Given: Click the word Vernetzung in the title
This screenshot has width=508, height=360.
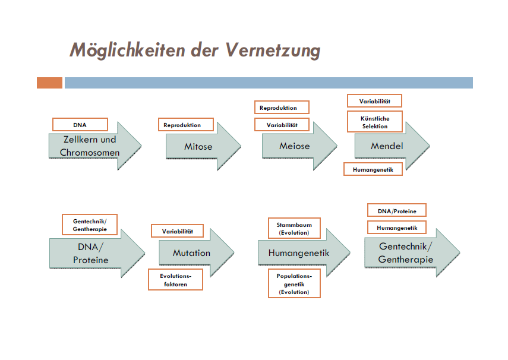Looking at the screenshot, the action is [273, 50].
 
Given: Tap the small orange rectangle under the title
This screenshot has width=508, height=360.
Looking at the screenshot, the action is [49, 83].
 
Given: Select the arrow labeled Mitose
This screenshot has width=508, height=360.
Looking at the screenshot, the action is [203, 146].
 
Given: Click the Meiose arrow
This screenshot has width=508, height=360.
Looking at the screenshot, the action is [299, 146].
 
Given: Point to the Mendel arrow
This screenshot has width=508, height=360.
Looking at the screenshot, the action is [392, 146].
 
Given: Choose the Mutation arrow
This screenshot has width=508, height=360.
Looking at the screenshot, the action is [196, 252].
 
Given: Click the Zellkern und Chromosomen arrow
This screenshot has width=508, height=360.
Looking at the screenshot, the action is [95, 146].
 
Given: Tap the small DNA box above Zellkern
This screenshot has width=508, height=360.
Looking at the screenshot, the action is [80, 125].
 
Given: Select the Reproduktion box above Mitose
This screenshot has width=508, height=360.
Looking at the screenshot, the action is [185, 125].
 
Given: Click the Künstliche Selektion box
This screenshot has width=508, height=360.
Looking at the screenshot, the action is [375, 122].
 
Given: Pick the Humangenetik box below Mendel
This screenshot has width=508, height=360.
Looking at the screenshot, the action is [373, 169].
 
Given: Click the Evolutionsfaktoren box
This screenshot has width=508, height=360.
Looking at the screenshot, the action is [176, 280].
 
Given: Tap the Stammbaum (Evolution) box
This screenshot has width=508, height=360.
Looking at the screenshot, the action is [294, 229].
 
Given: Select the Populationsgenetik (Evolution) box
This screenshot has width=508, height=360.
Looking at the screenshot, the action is [294, 283].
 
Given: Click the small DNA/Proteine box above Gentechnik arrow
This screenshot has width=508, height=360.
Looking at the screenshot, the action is [397, 211].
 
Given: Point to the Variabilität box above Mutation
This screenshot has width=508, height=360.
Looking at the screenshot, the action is [177, 231].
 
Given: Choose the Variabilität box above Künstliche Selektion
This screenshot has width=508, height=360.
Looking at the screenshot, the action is [374, 101].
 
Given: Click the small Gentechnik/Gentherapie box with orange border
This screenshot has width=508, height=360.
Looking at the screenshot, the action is [90, 225].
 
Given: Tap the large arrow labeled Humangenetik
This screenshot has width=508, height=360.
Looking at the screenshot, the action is [304, 252].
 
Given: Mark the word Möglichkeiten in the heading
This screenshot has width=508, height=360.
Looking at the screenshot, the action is [128, 50].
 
